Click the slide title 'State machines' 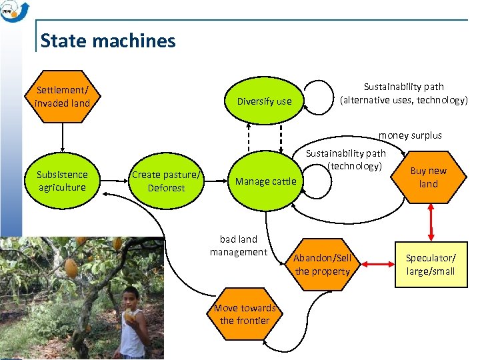[x=108, y=41]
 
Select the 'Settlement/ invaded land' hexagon [x=62, y=97]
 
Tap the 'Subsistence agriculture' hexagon [x=61, y=181]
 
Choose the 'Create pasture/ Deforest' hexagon [x=166, y=181]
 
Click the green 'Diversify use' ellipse [x=264, y=101]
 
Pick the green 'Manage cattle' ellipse [x=265, y=181]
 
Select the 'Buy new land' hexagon [x=428, y=177]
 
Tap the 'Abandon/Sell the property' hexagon [x=322, y=265]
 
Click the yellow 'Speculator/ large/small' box [x=431, y=265]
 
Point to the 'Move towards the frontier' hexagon [x=245, y=314]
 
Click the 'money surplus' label [x=410, y=135]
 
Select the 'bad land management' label [x=238, y=245]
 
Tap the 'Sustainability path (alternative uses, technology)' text [x=403, y=93]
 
